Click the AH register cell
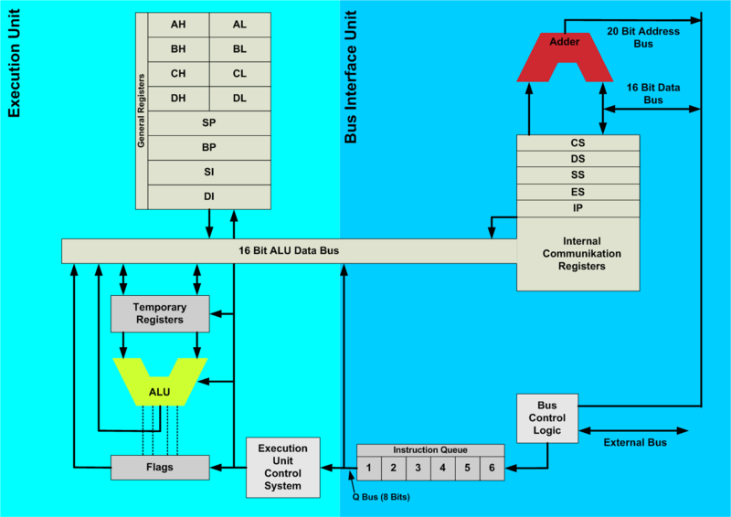[x=177, y=26]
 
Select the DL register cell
[x=239, y=98]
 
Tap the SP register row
[x=208, y=122]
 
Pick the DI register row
[x=208, y=195]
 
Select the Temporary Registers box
[x=159, y=313]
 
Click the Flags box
[x=159, y=467]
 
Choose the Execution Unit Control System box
[x=283, y=467]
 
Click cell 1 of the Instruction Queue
[x=369, y=467]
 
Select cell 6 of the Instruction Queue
[x=492, y=467]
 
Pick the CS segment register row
[x=577, y=142]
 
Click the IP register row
[x=577, y=208]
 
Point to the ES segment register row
[x=577, y=192]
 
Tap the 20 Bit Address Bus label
[x=643, y=37]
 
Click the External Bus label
[x=635, y=442]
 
